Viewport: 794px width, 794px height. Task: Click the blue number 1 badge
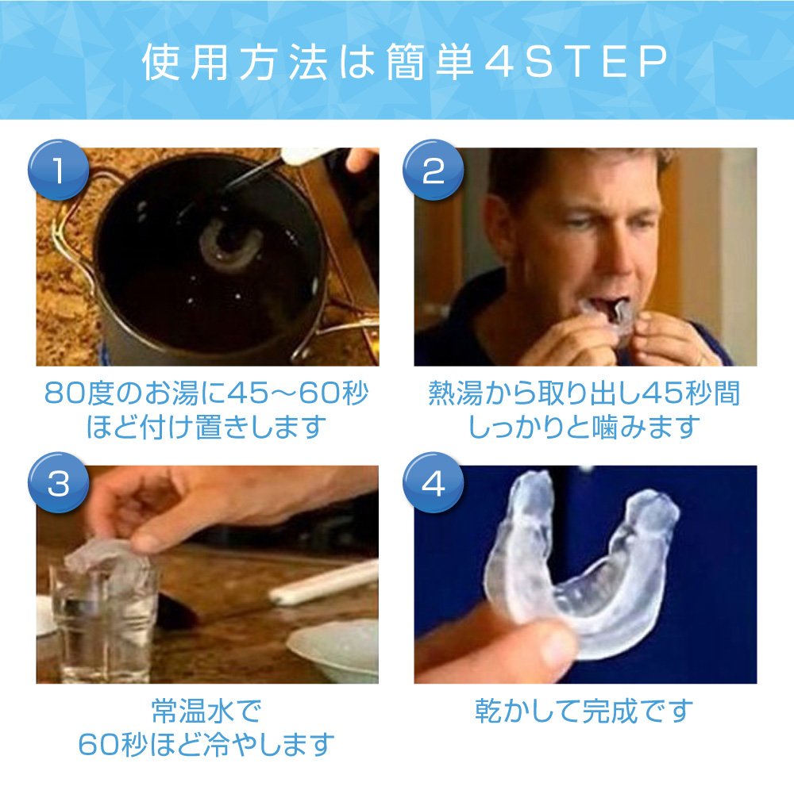(58, 170)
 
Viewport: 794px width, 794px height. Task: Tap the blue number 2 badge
(433, 170)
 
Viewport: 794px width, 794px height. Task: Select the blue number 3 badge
(58, 482)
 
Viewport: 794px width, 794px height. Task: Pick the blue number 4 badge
(433, 482)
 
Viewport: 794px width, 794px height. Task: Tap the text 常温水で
(207, 711)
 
